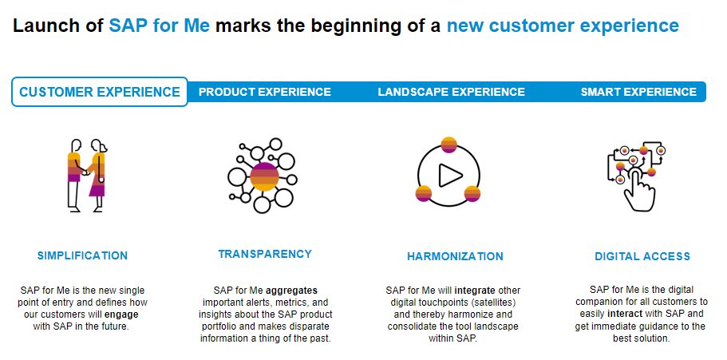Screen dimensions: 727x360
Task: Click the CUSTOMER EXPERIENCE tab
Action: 100,92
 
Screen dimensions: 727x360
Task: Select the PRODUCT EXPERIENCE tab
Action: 265,92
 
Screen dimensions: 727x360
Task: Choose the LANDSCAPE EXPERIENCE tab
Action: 451,92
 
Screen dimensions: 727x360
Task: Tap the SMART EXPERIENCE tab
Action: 638,92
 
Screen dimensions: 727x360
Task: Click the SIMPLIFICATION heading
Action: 82,255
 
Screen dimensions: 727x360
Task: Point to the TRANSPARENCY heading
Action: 265,254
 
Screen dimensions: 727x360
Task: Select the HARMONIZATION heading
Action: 455,256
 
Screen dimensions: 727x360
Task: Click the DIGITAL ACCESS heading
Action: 642,256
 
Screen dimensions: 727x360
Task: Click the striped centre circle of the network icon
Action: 264,176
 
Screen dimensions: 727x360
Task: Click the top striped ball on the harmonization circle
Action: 448,144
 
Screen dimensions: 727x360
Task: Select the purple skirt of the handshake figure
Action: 97,187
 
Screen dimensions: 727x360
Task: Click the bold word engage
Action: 124,315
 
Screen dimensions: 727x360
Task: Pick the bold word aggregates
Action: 291,291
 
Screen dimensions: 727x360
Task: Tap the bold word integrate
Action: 475,291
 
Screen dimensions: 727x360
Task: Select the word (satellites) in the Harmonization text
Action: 493,303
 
